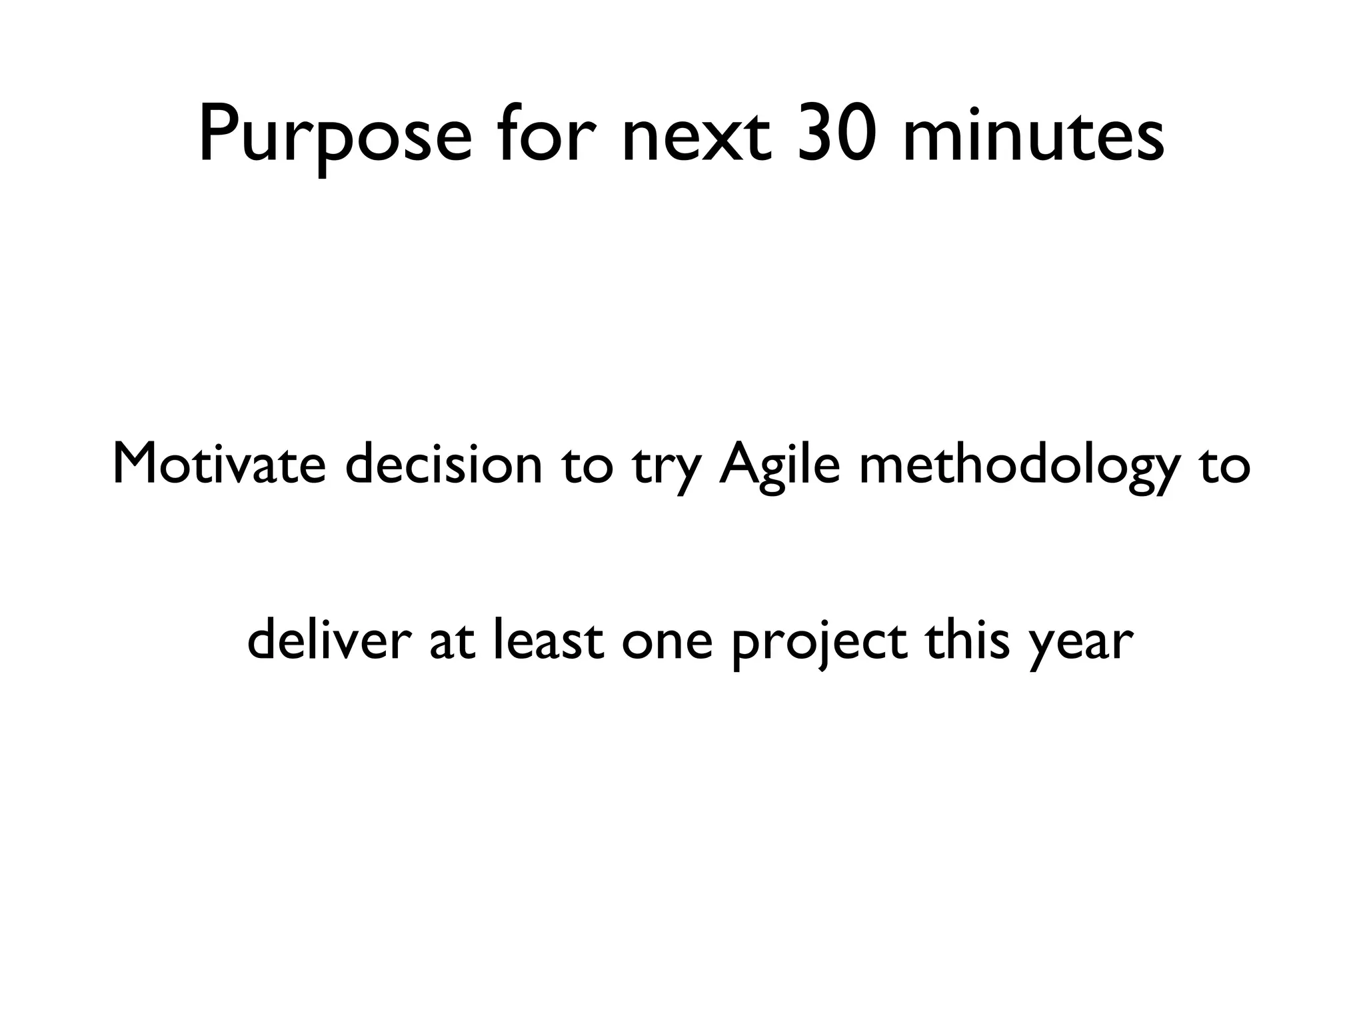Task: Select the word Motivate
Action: point(219,465)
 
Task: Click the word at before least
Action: point(452,641)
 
